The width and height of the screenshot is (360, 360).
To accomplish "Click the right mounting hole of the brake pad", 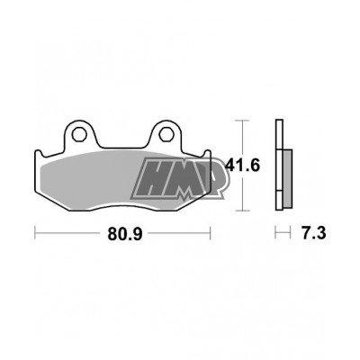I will (167, 136).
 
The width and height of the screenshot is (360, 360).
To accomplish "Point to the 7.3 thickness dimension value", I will (311, 234).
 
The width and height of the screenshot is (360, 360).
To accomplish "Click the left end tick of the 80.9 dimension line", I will (35, 233).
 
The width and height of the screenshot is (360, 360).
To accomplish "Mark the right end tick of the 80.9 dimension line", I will (210, 233).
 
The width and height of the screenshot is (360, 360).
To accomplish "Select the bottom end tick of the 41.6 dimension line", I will (240, 210).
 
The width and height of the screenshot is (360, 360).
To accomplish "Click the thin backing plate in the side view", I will (279, 166).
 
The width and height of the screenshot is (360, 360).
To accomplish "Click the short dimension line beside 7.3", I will (281, 233).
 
